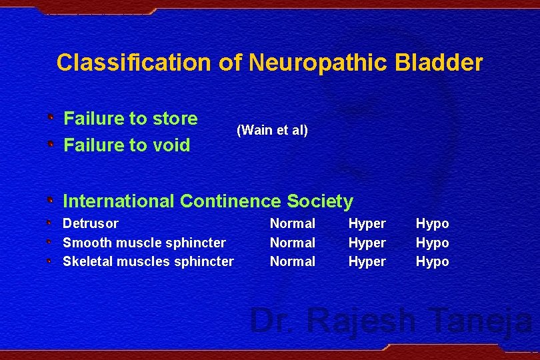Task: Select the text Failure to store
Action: click(x=131, y=119)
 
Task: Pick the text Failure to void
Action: click(x=127, y=145)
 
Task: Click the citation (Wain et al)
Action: click(x=272, y=130)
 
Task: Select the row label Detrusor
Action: click(x=91, y=223)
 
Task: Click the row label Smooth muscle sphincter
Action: click(x=144, y=243)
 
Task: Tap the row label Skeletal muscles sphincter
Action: click(x=148, y=261)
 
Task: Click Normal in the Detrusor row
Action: click(x=292, y=223)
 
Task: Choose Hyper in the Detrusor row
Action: click(x=367, y=223)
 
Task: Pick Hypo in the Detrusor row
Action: click(x=433, y=223)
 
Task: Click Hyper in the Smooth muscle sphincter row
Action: click(x=367, y=243)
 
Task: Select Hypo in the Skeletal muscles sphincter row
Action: click(x=433, y=261)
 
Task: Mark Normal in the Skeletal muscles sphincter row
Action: click(x=292, y=261)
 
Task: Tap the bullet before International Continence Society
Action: click(x=51, y=200)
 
